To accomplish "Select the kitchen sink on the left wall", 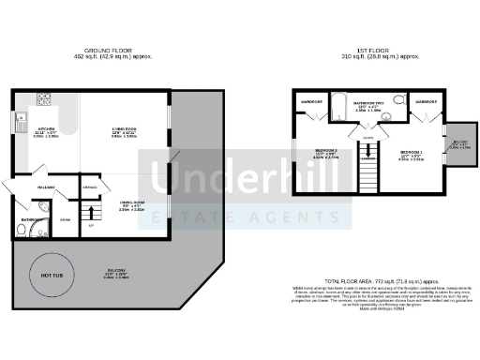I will [x=19, y=119].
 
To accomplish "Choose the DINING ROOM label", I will [x=131, y=202].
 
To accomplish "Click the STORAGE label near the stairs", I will [x=89, y=189].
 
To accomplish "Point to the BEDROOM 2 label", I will [x=325, y=151].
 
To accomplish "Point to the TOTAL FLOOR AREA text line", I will [x=367, y=281].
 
